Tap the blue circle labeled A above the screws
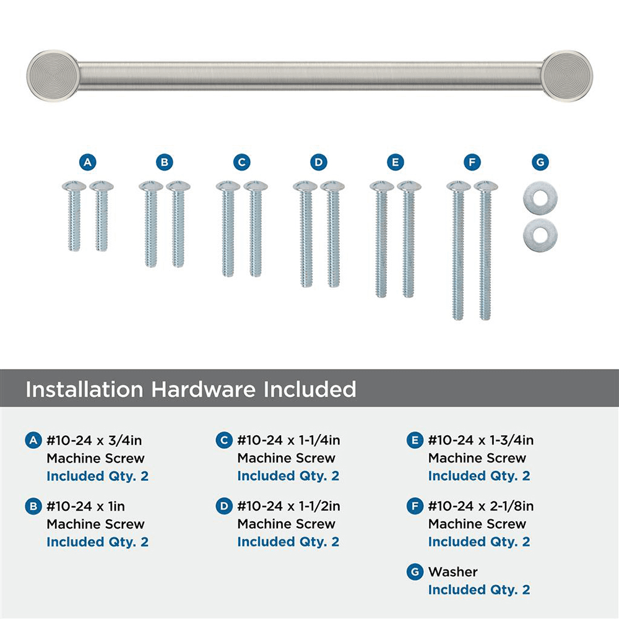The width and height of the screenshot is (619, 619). (88, 162)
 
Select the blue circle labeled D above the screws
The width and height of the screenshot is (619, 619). (318, 162)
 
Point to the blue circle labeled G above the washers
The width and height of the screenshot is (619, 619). (540, 162)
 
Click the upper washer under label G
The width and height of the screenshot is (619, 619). (540, 195)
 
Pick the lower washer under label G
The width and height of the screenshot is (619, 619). (540, 233)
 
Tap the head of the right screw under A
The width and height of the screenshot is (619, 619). (102, 185)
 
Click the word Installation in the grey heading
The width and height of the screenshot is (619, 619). (81, 389)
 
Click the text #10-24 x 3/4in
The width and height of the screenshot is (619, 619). (95, 441)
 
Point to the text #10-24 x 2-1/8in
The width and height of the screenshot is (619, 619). (481, 506)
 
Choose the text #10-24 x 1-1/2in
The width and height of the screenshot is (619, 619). (288, 506)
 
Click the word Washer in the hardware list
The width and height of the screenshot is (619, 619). (452, 572)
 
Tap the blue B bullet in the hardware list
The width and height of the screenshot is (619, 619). (33, 506)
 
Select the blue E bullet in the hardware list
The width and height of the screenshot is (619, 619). (415, 441)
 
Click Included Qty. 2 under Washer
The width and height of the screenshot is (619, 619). (479, 590)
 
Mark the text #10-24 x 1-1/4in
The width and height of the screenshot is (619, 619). (288, 441)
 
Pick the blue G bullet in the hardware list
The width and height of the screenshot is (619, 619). (415, 572)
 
